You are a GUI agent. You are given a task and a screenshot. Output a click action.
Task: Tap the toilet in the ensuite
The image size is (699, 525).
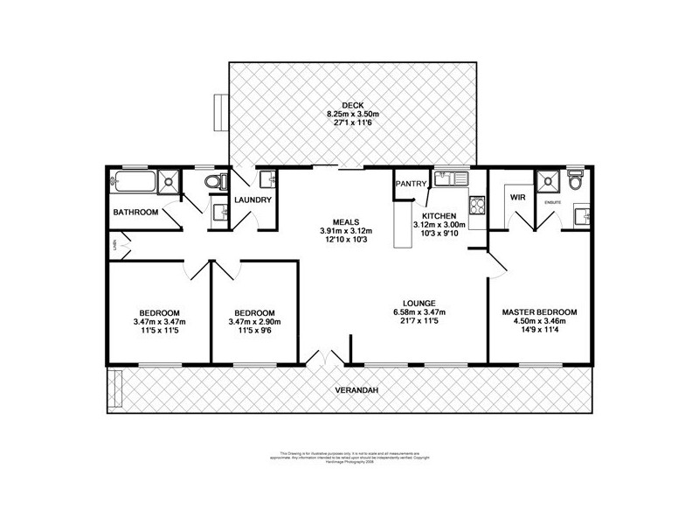point(574,182)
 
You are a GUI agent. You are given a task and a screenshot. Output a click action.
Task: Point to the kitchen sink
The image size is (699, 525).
point(453,180)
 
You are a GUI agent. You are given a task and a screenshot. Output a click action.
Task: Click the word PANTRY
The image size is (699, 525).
point(411,184)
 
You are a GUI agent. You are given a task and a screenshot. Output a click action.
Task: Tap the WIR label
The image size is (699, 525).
point(516,198)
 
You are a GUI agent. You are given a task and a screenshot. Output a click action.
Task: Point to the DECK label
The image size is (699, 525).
point(352,105)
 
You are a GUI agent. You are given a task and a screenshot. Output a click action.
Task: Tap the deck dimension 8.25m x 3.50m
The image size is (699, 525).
point(352,114)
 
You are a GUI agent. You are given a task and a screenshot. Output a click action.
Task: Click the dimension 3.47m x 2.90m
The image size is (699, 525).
point(255,322)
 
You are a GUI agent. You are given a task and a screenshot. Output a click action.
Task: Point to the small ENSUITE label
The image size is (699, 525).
point(552,201)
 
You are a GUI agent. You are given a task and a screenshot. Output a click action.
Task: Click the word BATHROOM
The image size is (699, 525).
point(135,213)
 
